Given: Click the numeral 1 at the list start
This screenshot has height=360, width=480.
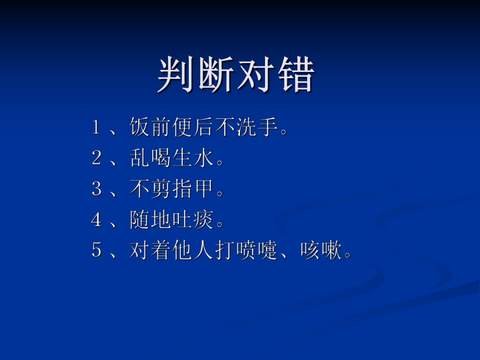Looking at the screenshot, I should pyautogui.click(x=96, y=127).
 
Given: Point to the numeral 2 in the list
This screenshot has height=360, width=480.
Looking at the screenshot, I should pyautogui.click(x=96, y=158).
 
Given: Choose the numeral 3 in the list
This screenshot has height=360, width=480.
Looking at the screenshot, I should pyautogui.click(x=96, y=189).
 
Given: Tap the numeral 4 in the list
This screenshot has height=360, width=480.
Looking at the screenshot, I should pyautogui.click(x=96, y=220).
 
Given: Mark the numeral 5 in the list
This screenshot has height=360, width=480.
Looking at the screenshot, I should pyautogui.click(x=96, y=250).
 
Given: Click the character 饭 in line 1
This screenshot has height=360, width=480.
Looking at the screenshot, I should pyautogui.click(x=140, y=127).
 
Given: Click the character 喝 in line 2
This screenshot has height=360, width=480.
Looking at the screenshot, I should pyautogui.click(x=161, y=158).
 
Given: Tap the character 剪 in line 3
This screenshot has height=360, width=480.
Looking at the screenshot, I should pyautogui.click(x=161, y=189).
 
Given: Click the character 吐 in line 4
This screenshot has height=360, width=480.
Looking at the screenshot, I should pyautogui.click(x=182, y=220).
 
